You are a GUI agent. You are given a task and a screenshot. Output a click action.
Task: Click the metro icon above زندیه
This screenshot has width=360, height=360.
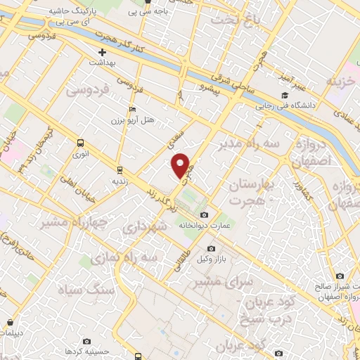point(120,169)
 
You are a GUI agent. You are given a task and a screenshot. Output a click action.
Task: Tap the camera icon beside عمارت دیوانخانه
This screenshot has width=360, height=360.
point(205,214)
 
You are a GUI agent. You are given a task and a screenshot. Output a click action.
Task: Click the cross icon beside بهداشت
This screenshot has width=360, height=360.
point(103,52)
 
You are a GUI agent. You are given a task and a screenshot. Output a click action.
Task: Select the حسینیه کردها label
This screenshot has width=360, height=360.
point(86,349)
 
